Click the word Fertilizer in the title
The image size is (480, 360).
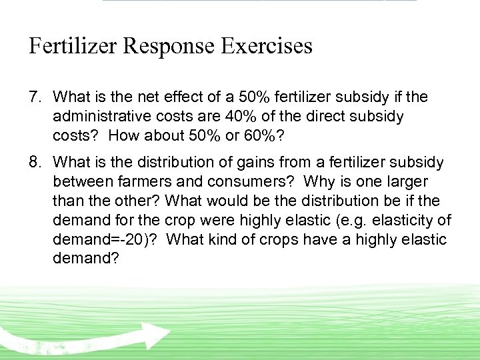[x=74, y=46]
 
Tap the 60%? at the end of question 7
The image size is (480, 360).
[x=268, y=137]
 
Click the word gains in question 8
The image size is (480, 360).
[x=263, y=163]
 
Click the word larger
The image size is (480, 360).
[x=405, y=182]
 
